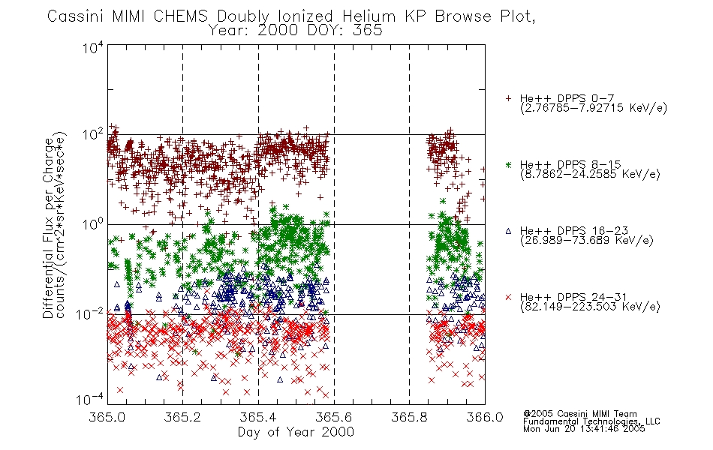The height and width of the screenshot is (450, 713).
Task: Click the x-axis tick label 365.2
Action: (x=182, y=417)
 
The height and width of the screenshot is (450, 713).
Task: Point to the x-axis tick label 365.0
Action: (x=107, y=417)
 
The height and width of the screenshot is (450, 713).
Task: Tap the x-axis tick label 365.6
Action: (x=334, y=417)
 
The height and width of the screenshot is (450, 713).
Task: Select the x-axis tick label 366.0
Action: (x=485, y=417)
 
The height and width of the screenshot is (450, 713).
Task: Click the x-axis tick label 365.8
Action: (x=409, y=417)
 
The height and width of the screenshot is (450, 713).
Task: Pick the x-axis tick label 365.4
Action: (x=258, y=417)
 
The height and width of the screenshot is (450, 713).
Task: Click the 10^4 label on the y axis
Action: (x=93, y=47)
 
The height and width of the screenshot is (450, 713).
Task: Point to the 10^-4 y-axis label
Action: (x=90, y=399)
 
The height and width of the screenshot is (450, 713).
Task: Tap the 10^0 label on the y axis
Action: (x=93, y=223)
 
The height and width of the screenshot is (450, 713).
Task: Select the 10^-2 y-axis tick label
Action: (x=90, y=313)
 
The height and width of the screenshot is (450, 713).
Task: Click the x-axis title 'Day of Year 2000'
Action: (x=296, y=432)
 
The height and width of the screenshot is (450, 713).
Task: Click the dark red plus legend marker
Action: (x=508, y=98)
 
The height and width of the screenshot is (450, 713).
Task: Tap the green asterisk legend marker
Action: (x=508, y=165)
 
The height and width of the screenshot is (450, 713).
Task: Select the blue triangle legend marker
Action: (x=508, y=231)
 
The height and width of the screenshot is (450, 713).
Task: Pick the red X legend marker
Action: (x=508, y=297)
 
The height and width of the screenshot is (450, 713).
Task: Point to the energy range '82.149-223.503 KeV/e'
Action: (x=590, y=307)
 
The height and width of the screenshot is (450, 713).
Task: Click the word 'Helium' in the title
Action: (x=369, y=16)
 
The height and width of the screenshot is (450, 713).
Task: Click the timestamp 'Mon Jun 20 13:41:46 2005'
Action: (x=584, y=429)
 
